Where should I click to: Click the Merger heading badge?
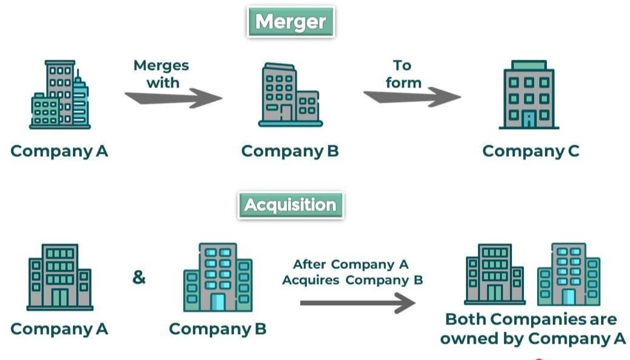tap(291, 23)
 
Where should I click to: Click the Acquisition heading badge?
tap(291, 205)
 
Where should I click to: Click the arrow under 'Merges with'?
tap(174, 98)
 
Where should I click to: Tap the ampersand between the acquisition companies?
tap(139, 278)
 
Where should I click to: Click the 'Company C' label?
tap(531, 151)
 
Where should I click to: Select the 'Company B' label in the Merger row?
tap(290, 151)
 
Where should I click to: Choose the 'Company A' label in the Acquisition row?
tap(59, 329)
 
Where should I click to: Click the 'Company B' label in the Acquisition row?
tap(218, 329)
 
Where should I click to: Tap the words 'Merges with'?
tap(162, 74)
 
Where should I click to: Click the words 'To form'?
tap(403, 73)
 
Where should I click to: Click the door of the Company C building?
tap(529, 119)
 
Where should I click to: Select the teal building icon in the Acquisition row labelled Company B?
tap(218, 277)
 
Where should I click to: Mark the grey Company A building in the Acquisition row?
tap(60, 277)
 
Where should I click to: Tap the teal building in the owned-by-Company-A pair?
tap(569, 274)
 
